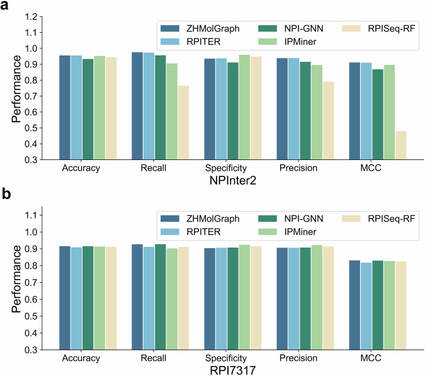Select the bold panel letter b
7,193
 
